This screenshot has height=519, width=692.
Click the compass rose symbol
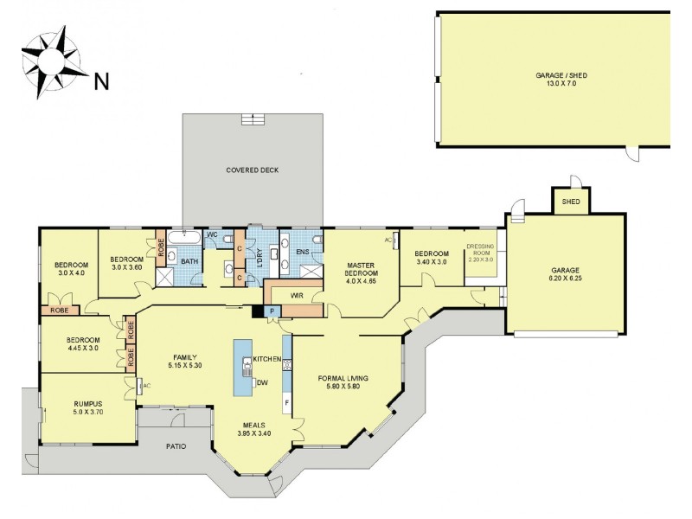click(51, 60)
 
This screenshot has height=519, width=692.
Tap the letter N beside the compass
click(101, 82)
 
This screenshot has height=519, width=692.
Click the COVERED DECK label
click(253, 170)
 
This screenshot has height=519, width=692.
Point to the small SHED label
click(571, 201)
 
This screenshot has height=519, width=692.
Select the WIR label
click(296, 296)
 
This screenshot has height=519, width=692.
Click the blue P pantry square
click(272, 311)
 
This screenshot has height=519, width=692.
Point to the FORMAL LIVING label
click(344, 383)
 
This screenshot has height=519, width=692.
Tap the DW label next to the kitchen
click(261, 382)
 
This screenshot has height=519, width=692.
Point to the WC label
click(212, 235)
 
